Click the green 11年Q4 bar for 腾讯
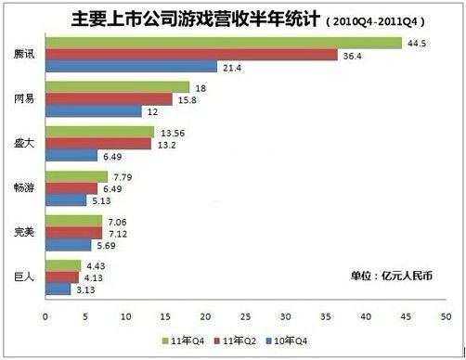(x=223, y=43)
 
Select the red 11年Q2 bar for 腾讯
(x=190, y=55)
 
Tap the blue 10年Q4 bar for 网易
(x=93, y=111)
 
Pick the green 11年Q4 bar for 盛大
(x=99, y=132)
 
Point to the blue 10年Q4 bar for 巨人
(x=58, y=289)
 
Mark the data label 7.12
(x=118, y=233)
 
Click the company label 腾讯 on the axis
(x=25, y=55)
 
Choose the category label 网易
(x=25, y=99)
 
